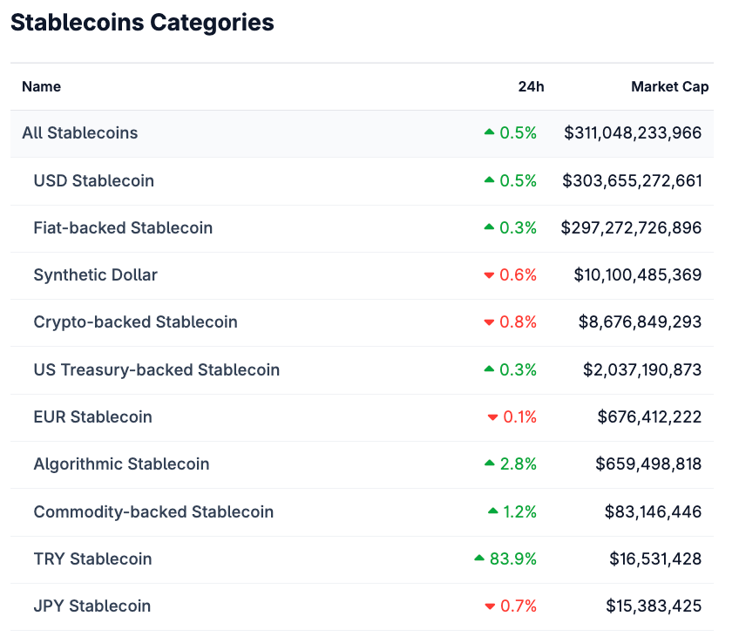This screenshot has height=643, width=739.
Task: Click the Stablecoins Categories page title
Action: pyautogui.click(x=142, y=23)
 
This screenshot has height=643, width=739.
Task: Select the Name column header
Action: pyautogui.click(x=41, y=86)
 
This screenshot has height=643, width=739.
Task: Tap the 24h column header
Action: pyautogui.click(x=531, y=86)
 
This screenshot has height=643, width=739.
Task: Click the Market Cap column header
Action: pyautogui.click(x=669, y=86)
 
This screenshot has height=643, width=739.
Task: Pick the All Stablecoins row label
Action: pyautogui.click(x=80, y=133)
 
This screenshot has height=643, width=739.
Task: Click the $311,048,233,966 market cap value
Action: pyautogui.click(x=633, y=133)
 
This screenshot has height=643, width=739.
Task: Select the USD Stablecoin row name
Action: pyautogui.click(x=94, y=181)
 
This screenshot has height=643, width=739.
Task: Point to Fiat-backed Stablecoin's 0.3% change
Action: pyautogui.click(x=518, y=228)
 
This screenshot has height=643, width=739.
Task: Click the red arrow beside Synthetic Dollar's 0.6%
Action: pyautogui.click(x=489, y=275)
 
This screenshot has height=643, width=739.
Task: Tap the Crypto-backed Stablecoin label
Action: pyautogui.click(x=135, y=322)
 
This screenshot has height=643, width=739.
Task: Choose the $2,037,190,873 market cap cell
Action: pyautogui.click(x=642, y=370)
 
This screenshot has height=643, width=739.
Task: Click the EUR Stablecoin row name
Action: pyautogui.click(x=92, y=417)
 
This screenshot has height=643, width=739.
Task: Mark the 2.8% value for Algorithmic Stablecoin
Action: pyautogui.click(x=518, y=464)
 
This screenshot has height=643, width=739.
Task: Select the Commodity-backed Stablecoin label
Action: pyautogui.click(x=153, y=512)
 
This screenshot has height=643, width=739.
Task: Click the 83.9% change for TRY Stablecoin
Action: pyautogui.click(x=513, y=559)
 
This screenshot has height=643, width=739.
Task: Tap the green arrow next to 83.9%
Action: pyautogui.click(x=479, y=558)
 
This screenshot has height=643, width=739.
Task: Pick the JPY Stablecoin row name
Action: pyautogui.click(x=92, y=606)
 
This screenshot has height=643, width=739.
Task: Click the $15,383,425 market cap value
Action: pyautogui.click(x=654, y=606)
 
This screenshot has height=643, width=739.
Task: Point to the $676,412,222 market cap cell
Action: pyautogui.click(x=649, y=417)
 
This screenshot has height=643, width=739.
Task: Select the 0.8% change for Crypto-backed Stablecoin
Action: pyautogui.click(x=518, y=322)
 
